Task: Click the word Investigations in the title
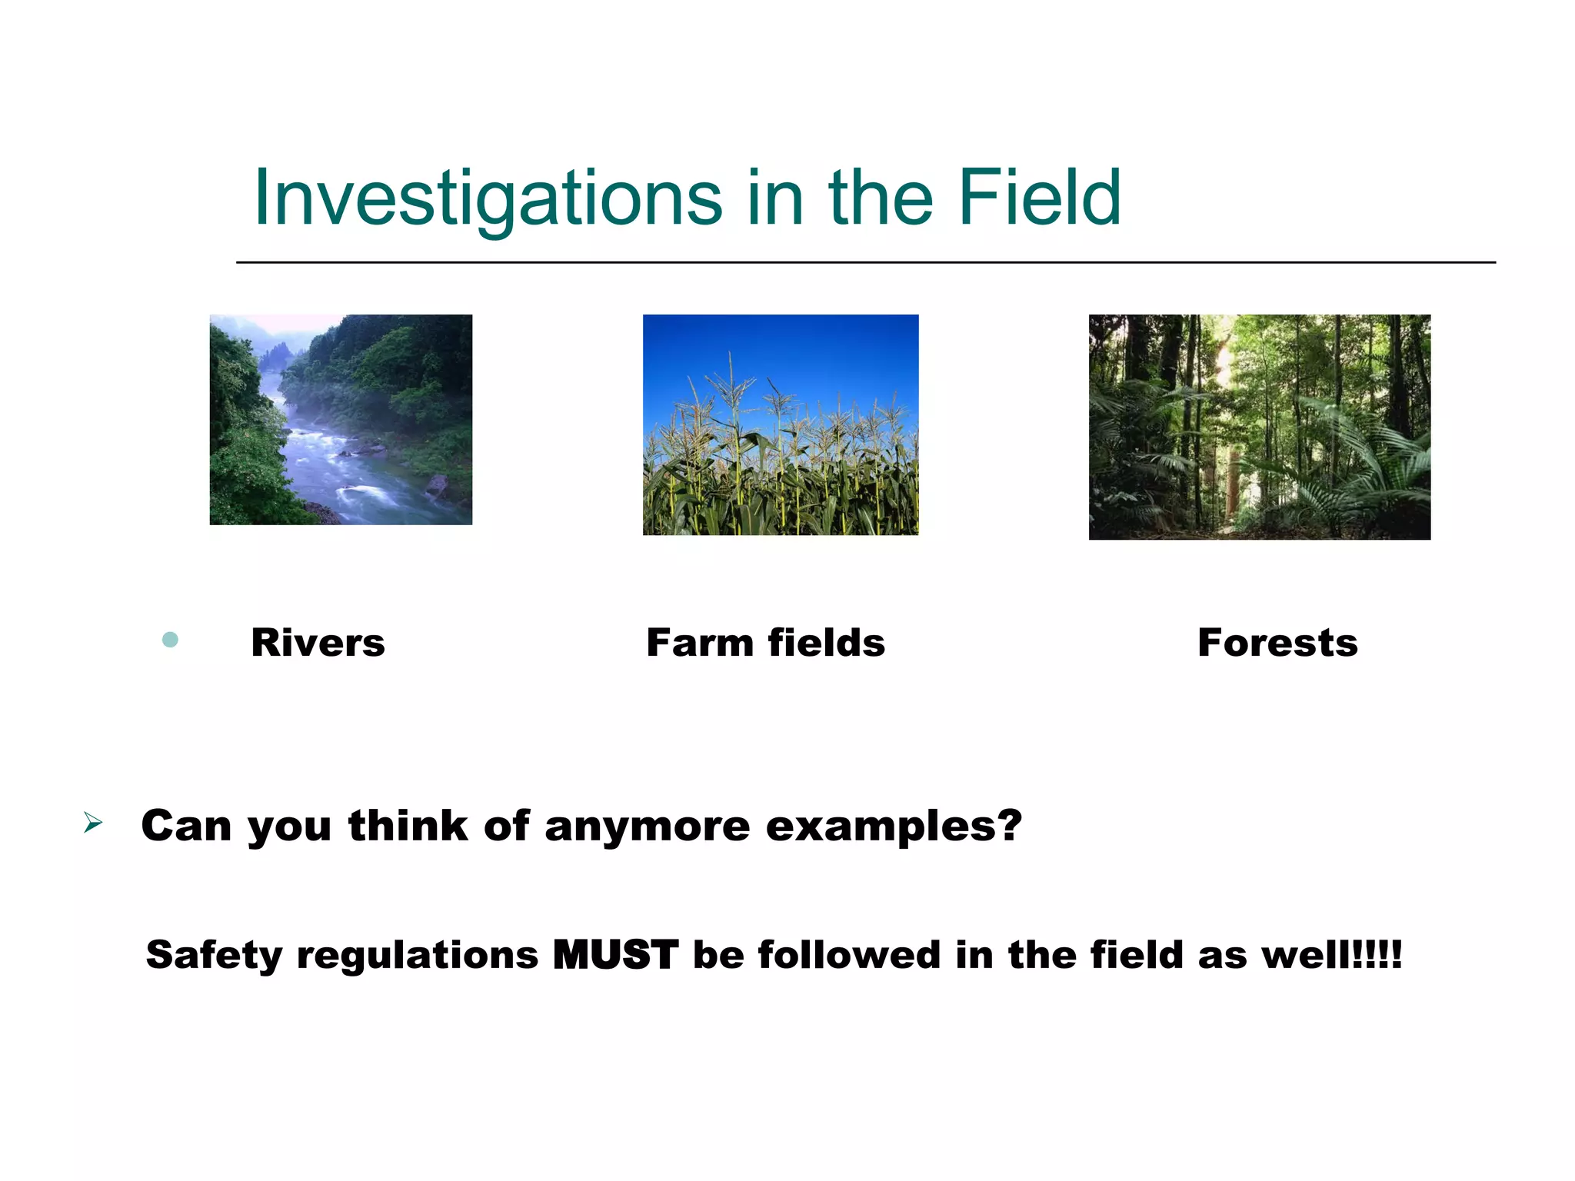tap(488, 198)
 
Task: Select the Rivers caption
tap(318, 643)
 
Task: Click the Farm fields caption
tap(765, 643)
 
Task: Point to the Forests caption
tap(1277, 643)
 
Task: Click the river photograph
tap(341, 420)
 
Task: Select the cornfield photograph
tap(781, 424)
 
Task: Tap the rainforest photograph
tap(1259, 427)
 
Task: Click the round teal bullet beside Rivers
tap(171, 640)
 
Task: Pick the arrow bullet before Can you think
tap(93, 823)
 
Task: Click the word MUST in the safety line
tap(615, 955)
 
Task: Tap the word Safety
tap(214, 955)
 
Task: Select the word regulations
tap(418, 955)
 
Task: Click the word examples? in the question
tap(894, 827)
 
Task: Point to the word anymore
tap(647, 827)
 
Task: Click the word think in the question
tap(408, 827)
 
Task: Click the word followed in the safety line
tap(849, 955)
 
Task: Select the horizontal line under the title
tap(865, 262)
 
